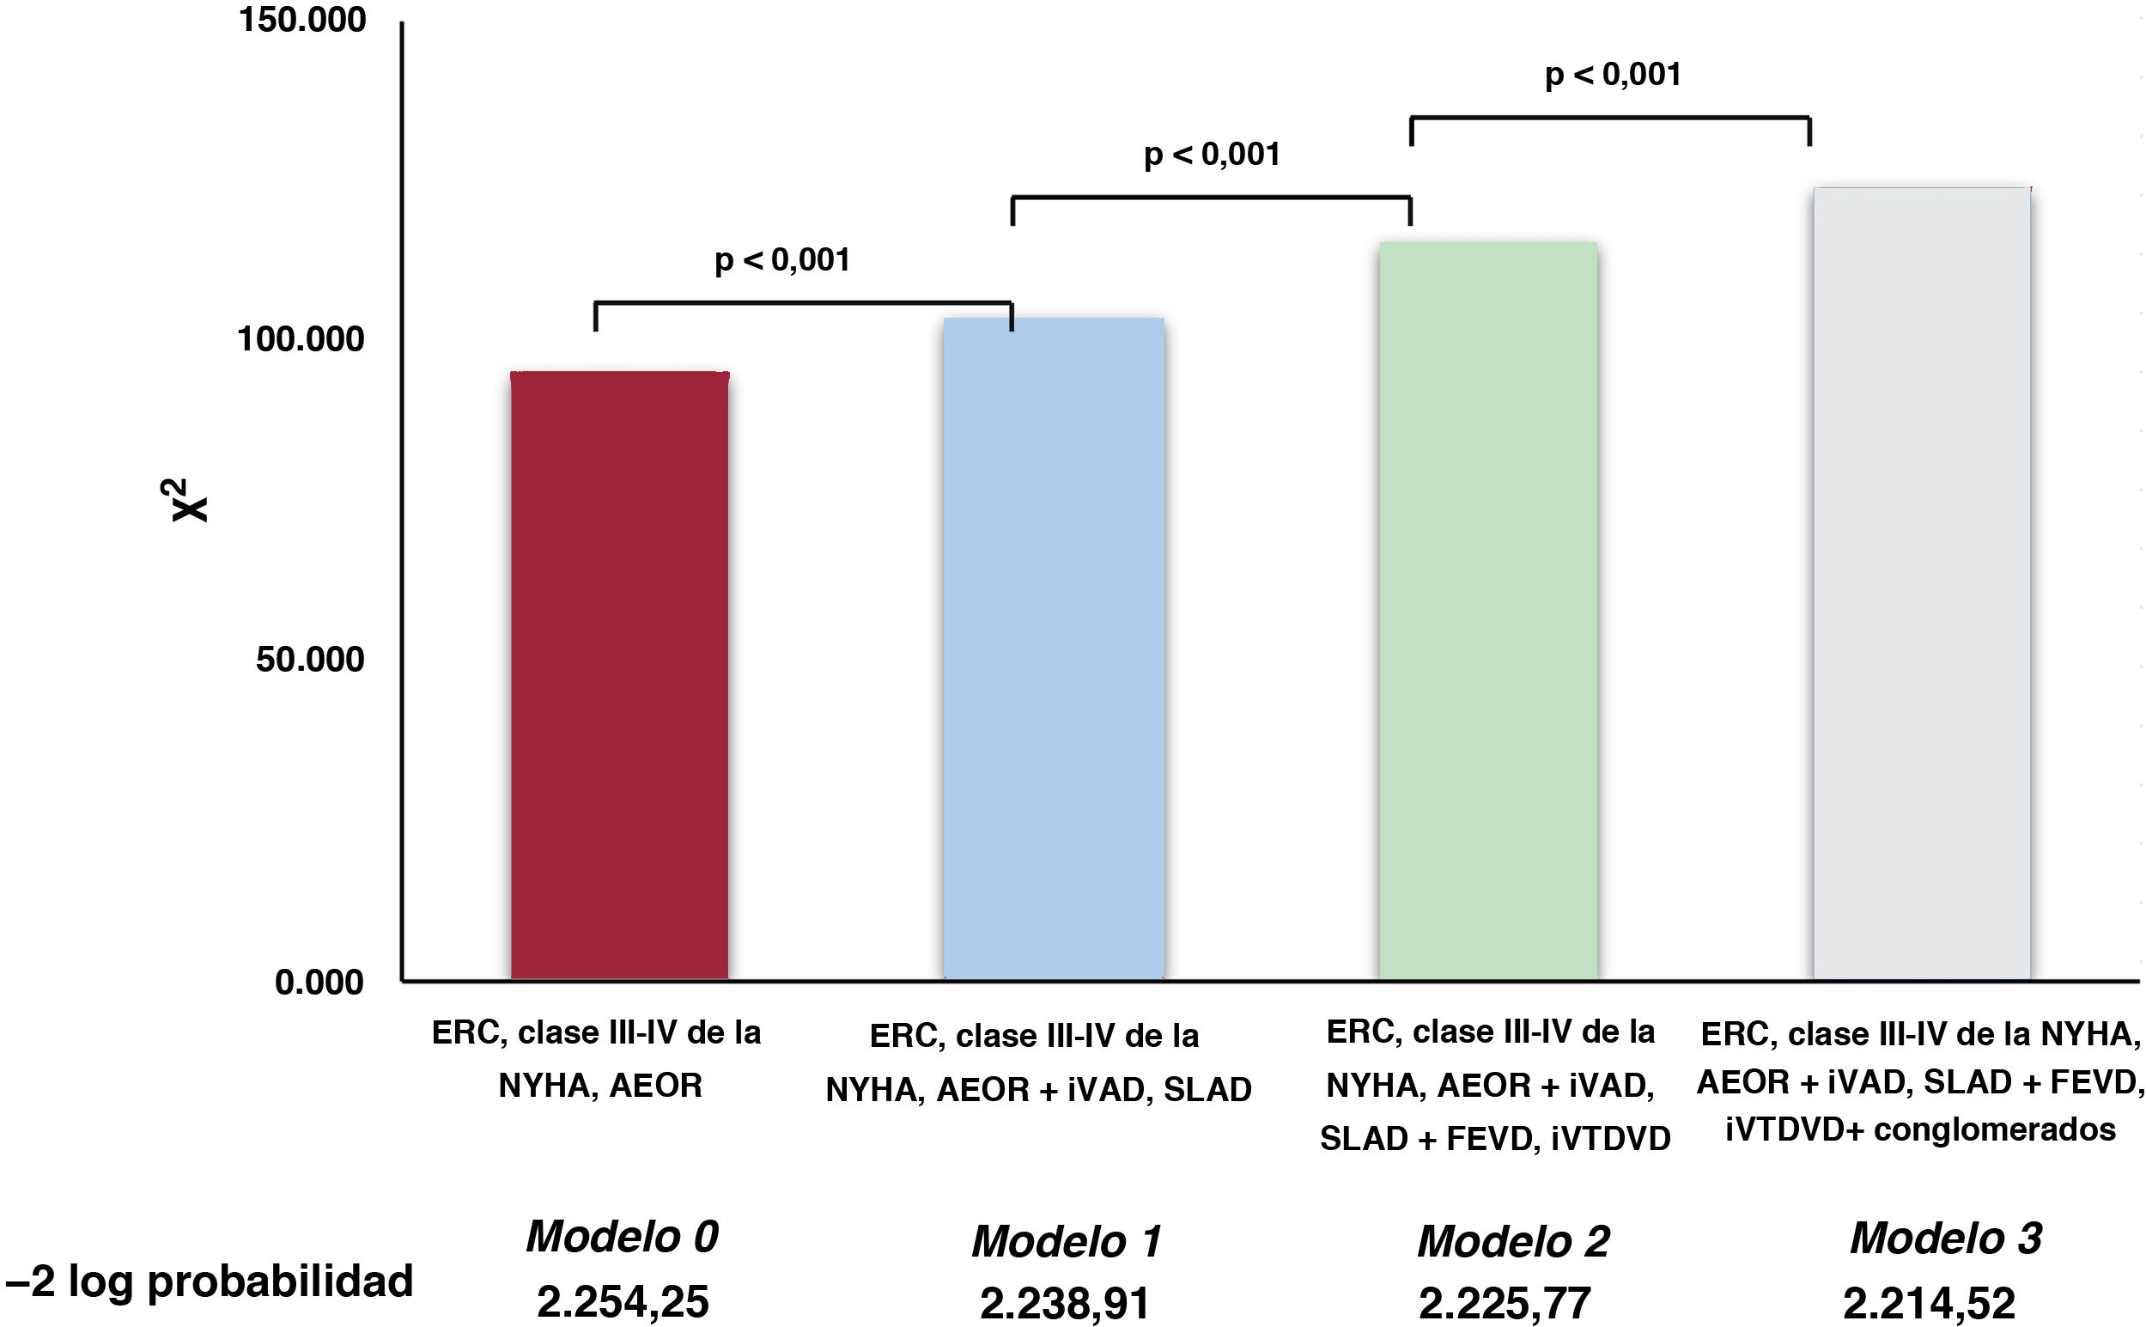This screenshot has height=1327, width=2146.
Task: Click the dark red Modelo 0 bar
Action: [619, 675]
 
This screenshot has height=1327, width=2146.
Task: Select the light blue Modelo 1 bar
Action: [1054, 648]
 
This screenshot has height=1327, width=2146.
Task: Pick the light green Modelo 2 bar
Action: [1488, 610]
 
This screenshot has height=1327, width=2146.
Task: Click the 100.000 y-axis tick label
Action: [301, 338]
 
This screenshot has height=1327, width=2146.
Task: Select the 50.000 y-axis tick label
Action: [310, 659]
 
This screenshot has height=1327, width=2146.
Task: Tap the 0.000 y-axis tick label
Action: [319, 982]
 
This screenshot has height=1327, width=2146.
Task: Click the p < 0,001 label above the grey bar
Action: [1614, 75]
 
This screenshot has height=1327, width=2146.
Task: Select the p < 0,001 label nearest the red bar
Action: [782, 260]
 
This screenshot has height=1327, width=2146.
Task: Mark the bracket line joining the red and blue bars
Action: [804, 304]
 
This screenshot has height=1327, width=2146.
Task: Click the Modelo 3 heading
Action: [1946, 1238]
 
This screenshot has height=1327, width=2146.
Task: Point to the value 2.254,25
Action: [622, 1301]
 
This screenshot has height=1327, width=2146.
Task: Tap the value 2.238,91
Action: [1064, 1303]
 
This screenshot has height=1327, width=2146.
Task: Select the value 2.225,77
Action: [1504, 1303]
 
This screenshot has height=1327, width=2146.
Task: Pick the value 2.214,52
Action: [1929, 1303]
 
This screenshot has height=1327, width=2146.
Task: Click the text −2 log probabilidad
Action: [209, 1282]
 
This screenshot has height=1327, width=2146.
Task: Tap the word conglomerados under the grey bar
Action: [1995, 1129]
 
